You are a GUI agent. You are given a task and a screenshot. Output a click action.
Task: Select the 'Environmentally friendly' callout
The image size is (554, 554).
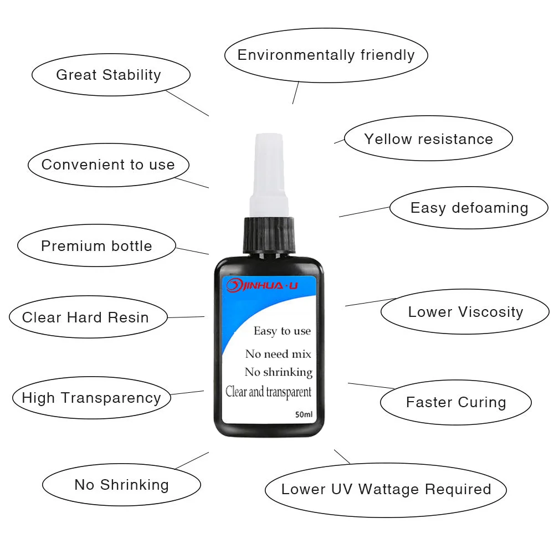point(326,55)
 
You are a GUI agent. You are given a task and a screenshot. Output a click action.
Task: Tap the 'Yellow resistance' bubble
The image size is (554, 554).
point(428,138)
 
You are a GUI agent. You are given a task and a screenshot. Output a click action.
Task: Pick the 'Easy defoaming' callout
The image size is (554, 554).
point(469,208)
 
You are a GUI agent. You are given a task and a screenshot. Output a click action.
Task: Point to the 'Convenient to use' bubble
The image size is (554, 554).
point(108,165)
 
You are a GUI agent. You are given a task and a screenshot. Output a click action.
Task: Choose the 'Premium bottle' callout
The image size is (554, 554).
point(96,246)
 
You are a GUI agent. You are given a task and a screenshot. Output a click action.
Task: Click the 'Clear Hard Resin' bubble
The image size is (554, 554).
point(86,317)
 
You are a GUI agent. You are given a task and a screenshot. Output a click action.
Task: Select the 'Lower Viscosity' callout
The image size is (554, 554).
point(465,311)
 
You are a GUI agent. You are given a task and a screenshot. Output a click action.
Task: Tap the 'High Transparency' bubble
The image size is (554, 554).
point(91,397)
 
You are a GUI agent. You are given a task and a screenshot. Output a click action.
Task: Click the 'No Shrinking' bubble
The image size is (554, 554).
point(121,485)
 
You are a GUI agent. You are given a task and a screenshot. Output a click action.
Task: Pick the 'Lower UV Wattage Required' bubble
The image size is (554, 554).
point(386,489)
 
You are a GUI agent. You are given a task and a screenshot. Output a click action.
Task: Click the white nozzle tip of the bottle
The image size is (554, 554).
point(268,166)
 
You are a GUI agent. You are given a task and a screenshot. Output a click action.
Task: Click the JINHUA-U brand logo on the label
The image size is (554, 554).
point(263,285)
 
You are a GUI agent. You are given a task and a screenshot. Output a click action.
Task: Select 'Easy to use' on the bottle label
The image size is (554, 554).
point(282,331)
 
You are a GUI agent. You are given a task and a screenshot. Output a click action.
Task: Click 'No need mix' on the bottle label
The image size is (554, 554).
point(278,354)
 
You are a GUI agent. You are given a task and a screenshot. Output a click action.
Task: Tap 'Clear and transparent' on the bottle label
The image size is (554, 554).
point(269,392)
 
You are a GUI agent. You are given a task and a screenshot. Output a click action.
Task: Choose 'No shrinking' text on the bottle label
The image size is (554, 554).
point(279,372)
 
